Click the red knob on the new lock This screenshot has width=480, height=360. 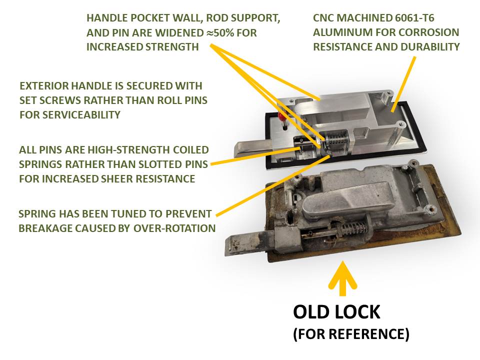coord(281,116)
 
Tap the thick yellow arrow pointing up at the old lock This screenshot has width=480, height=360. coord(342,278)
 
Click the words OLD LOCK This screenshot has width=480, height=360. coord(336,312)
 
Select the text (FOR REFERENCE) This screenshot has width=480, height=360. coord(351,333)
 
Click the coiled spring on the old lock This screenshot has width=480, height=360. coord(353,228)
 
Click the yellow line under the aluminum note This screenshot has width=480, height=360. coord(404,83)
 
